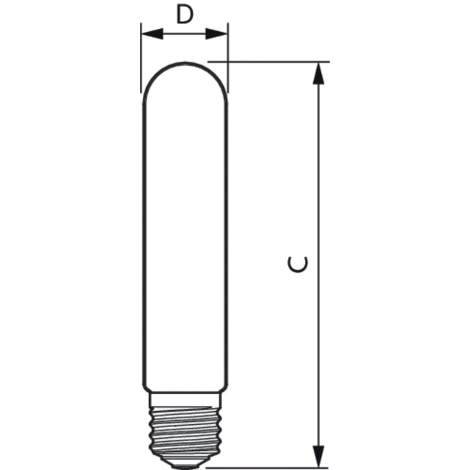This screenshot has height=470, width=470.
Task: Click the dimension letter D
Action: [x=185, y=15]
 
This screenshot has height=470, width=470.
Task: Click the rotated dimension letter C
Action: [x=298, y=264]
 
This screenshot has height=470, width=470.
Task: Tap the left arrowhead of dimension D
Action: [x=152, y=34]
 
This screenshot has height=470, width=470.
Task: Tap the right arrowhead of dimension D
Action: [x=216, y=34]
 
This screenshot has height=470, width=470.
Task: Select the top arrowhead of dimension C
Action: [x=318, y=73]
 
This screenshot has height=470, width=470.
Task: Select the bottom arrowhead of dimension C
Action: [x=318, y=456]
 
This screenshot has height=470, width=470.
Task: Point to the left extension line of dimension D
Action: [x=141, y=58]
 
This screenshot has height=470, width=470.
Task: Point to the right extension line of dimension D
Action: [x=228, y=58]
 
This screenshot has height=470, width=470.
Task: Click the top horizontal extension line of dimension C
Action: [x=268, y=62]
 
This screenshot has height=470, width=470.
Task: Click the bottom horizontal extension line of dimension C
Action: [x=267, y=468]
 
